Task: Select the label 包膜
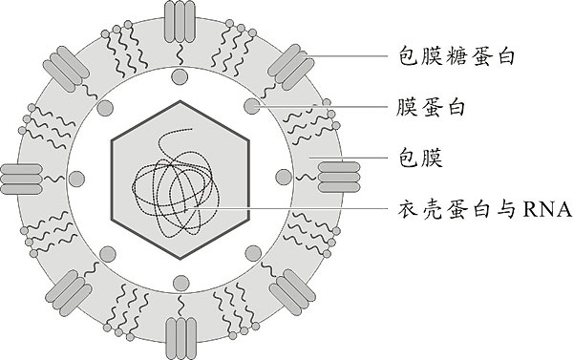tap(416, 154)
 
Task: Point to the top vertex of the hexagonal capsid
tap(180, 99)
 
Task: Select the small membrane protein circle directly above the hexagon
tap(180, 76)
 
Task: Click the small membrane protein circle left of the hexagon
tap(77, 178)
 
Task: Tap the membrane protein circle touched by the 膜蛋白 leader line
tap(251, 104)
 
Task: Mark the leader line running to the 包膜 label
tap(353, 154)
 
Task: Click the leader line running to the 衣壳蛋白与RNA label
tap(286, 209)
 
